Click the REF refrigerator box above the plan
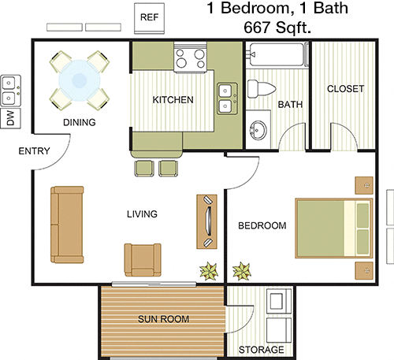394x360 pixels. click(x=149, y=18)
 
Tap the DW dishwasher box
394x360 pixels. click(x=10, y=118)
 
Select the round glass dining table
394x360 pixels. click(x=80, y=80)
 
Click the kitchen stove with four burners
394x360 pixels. click(x=190, y=58)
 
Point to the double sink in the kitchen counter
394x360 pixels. click(x=227, y=98)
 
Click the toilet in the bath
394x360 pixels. click(x=262, y=89)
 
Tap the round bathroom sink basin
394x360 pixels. click(x=258, y=131)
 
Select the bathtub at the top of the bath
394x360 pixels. click(x=278, y=54)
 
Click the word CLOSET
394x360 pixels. click(x=345, y=89)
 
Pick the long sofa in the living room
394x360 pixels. click(x=67, y=225)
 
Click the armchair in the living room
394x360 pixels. click(x=143, y=260)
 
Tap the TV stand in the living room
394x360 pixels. click(x=207, y=221)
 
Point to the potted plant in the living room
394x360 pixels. click(x=209, y=271)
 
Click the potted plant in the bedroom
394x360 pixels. click(x=242, y=271)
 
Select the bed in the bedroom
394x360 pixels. click(x=334, y=228)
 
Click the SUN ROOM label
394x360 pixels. click(x=163, y=319)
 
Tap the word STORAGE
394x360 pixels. click(x=261, y=350)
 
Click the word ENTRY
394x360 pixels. click(x=34, y=151)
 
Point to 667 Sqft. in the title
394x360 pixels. click(x=277, y=28)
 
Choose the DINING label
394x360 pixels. click(x=80, y=122)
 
